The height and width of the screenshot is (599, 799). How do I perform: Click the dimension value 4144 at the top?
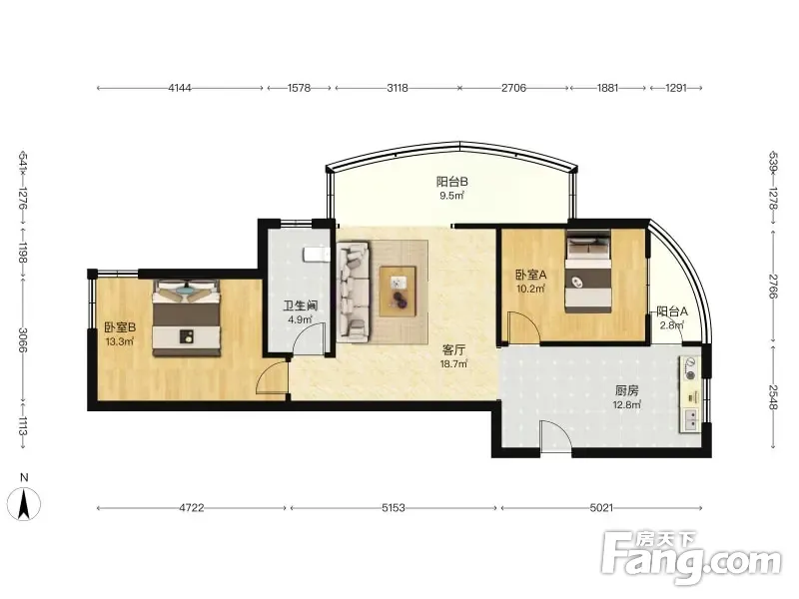click(x=180, y=88)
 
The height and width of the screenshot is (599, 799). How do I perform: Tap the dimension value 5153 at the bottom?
click(x=393, y=508)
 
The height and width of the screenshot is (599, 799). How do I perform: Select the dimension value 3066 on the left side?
click(x=22, y=339)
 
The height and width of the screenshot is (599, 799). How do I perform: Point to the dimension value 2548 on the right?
click(x=773, y=396)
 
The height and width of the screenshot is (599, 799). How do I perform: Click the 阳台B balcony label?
click(x=451, y=182)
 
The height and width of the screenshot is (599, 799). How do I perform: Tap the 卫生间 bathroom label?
click(x=301, y=306)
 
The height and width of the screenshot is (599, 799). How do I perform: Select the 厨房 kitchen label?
click(x=626, y=391)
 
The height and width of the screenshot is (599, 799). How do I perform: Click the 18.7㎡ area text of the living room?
click(x=453, y=364)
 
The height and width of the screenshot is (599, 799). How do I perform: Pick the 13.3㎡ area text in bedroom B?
click(x=119, y=341)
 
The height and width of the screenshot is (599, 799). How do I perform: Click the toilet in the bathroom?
click(x=316, y=255)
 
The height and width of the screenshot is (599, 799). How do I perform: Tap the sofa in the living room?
click(x=354, y=292)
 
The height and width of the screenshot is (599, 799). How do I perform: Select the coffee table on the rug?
click(x=398, y=292)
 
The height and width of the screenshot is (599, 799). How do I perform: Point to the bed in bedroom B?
click(x=187, y=317)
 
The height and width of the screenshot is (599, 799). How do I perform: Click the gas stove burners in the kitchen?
click(x=689, y=369)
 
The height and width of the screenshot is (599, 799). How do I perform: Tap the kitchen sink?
click(x=691, y=420)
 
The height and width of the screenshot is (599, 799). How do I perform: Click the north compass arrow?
click(x=24, y=504)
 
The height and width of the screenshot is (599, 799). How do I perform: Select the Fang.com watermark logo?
click(x=691, y=559)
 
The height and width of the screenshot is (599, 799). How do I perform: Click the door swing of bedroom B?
click(x=272, y=377)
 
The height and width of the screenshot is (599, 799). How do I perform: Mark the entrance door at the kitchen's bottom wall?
click(x=556, y=436)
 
